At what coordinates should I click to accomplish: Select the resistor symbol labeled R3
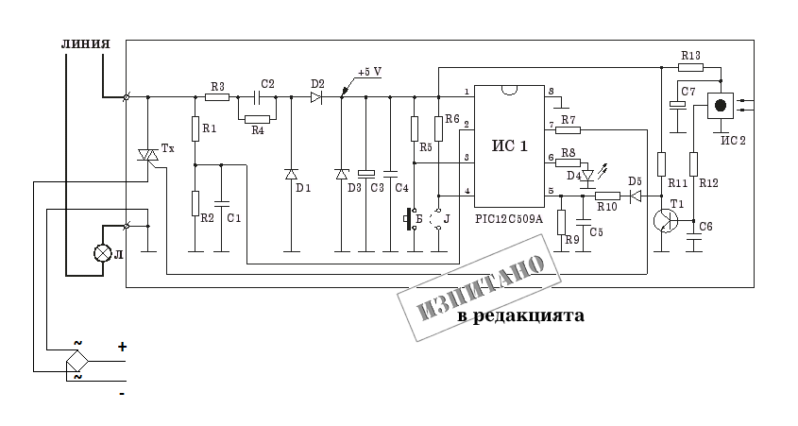(217, 95)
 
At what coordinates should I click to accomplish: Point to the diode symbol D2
(317, 95)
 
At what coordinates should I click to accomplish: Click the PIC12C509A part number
(511, 218)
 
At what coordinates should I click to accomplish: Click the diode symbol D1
(291, 174)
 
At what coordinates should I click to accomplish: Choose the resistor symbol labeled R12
(693, 164)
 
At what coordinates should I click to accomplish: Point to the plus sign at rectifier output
(122, 347)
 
